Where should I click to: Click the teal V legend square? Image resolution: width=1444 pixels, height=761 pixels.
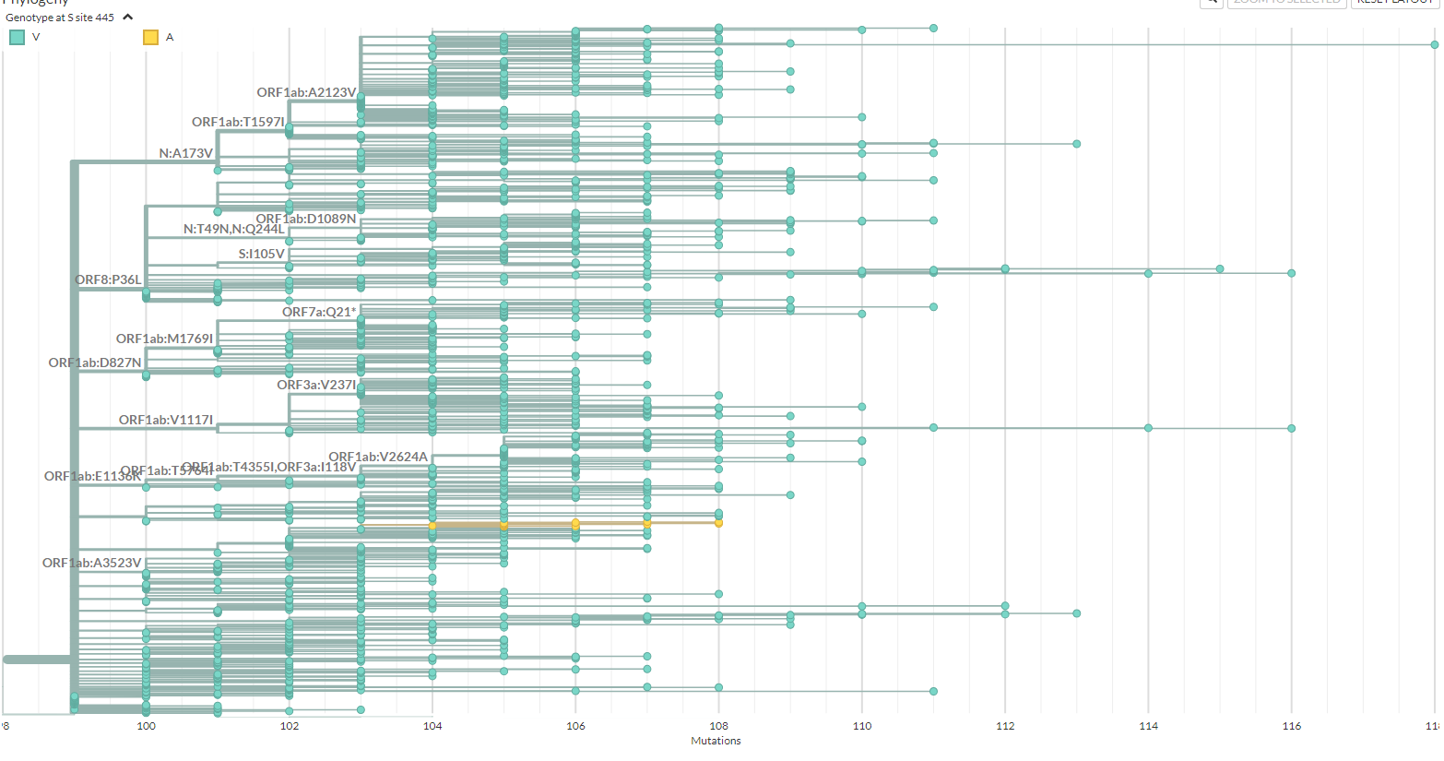[17, 37]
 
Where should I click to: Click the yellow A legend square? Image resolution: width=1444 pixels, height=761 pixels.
[150, 37]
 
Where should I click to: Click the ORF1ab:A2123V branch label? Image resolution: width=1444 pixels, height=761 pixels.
[306, 92]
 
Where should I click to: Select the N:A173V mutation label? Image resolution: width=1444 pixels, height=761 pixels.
[185, 153]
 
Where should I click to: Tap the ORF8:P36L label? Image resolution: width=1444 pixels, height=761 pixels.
[108, 279]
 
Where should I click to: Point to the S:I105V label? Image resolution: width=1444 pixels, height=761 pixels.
[261, 254]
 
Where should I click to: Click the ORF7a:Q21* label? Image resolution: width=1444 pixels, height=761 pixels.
[318, 312]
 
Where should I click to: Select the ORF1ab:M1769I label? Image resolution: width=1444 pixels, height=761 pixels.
[164, 339]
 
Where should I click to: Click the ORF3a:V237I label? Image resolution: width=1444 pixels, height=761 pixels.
[315, 385]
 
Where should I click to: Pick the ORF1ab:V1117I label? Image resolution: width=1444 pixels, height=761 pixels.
[165, 420]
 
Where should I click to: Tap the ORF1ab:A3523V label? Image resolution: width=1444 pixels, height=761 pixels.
[91, 563]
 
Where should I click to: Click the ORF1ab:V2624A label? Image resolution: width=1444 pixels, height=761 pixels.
[378, 457]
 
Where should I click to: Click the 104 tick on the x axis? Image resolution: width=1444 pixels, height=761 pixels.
[432, 726]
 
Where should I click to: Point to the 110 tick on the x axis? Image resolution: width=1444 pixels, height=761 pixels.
[862, 726]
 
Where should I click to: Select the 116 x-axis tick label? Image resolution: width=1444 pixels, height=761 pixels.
[1291, 726]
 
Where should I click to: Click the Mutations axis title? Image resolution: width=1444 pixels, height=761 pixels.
[716, 741]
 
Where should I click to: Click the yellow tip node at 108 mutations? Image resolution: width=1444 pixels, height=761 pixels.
[718, 523]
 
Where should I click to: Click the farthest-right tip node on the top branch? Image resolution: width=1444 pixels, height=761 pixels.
[1434, 44]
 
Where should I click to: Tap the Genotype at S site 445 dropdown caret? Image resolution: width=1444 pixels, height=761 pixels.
[128, 17]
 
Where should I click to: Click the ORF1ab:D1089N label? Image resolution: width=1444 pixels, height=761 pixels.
[305, 219]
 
